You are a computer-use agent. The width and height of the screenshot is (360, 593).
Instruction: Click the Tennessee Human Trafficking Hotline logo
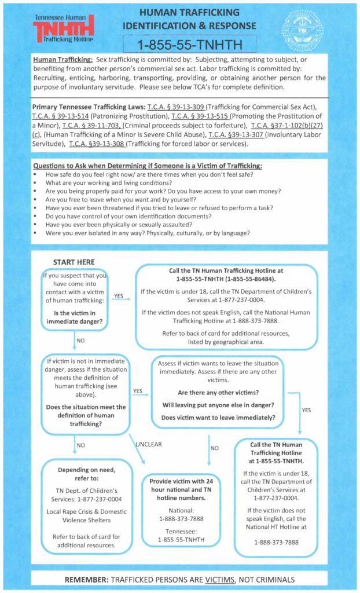click(64, 30)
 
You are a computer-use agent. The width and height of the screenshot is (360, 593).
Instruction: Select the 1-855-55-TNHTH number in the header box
click(190, 44)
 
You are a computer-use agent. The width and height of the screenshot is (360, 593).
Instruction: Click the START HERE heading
click(74, 262)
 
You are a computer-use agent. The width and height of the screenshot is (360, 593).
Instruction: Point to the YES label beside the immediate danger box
click(118, 295)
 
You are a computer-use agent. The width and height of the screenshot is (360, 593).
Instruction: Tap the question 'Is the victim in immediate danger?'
click(74, 319)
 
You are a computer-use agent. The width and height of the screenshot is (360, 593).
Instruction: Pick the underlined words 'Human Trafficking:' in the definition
click(61, 60)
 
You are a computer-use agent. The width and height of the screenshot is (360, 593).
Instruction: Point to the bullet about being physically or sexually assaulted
click(134, 224)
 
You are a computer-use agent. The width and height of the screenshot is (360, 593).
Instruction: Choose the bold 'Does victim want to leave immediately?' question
click(218, 417)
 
